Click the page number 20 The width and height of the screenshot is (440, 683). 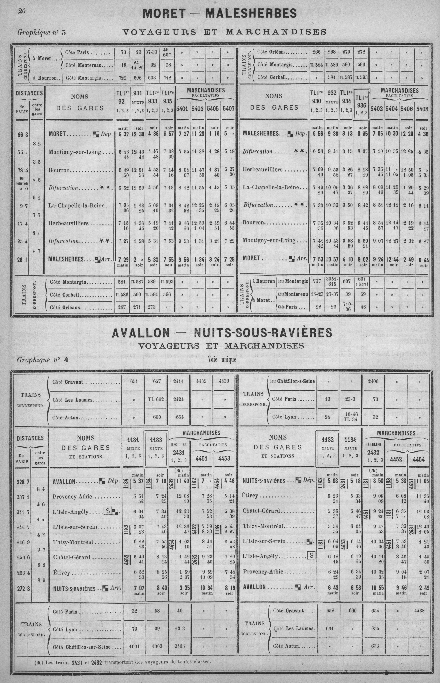coord(22,11)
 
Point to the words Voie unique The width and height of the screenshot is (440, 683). coord(222,359)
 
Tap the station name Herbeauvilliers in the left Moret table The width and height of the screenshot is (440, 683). coord(69,223)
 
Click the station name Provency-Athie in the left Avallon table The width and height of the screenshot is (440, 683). coord(73,496)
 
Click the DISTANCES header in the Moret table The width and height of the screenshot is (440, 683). coord(30,93)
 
